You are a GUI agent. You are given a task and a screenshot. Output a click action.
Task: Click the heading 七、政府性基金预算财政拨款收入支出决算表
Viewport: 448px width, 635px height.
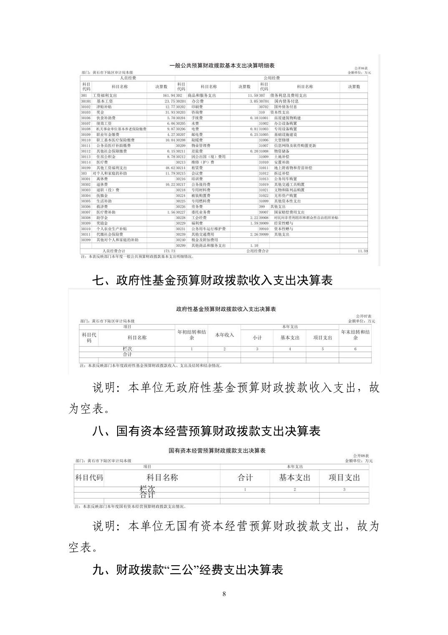pos(212,280)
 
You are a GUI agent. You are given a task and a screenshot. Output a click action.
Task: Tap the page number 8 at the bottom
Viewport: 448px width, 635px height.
pos(224,594)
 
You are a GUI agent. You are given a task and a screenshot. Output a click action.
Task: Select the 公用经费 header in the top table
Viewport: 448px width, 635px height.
pos(272,78)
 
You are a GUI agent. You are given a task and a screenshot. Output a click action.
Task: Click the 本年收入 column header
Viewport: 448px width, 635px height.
pos(224,335)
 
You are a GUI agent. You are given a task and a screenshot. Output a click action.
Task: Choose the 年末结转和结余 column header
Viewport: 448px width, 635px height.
pos(355,335)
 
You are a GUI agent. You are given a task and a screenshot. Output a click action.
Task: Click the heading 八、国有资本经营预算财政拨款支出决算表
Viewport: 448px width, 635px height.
pos(206,431)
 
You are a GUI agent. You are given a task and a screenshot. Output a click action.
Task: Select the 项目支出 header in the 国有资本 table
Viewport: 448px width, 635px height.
pos(344,478)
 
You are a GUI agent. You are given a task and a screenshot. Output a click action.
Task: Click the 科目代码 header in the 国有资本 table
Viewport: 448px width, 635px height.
pos(89,478)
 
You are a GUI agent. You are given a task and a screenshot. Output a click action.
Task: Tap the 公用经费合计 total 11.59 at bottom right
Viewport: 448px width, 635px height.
pos(362,251)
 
